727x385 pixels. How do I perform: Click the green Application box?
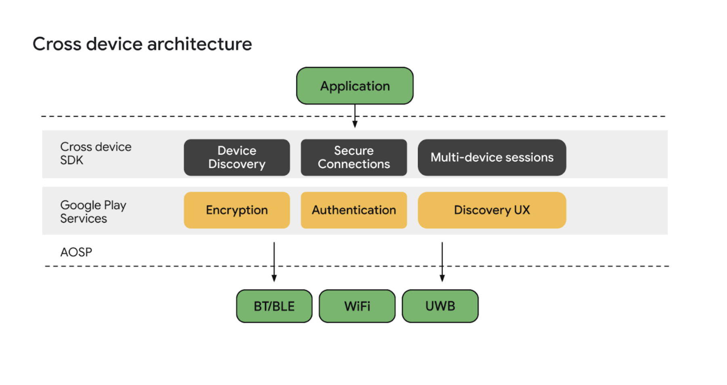tap(355, 86)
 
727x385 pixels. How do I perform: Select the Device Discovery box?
tap(237, 157)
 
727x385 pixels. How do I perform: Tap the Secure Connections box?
tap(353, 157)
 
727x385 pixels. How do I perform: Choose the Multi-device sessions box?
tap(492, 157)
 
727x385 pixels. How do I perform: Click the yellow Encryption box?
tap(237, 210)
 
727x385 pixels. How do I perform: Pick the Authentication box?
tap(353, 210)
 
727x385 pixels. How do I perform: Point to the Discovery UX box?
tap(492, 210)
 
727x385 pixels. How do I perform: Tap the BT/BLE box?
tap(274, 306)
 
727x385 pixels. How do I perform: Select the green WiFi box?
tap(357, 306)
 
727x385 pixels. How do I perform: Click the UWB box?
tap(440, 306)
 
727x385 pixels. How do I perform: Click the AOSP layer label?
tap(76, 252)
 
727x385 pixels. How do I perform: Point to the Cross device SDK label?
tap(95, 153)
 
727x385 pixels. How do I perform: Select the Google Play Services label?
tap(93, 212)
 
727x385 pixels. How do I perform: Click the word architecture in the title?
tap(200, 44)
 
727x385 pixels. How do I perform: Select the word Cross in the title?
tap(57, 44)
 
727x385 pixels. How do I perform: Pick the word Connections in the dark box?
tap(353, 164)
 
